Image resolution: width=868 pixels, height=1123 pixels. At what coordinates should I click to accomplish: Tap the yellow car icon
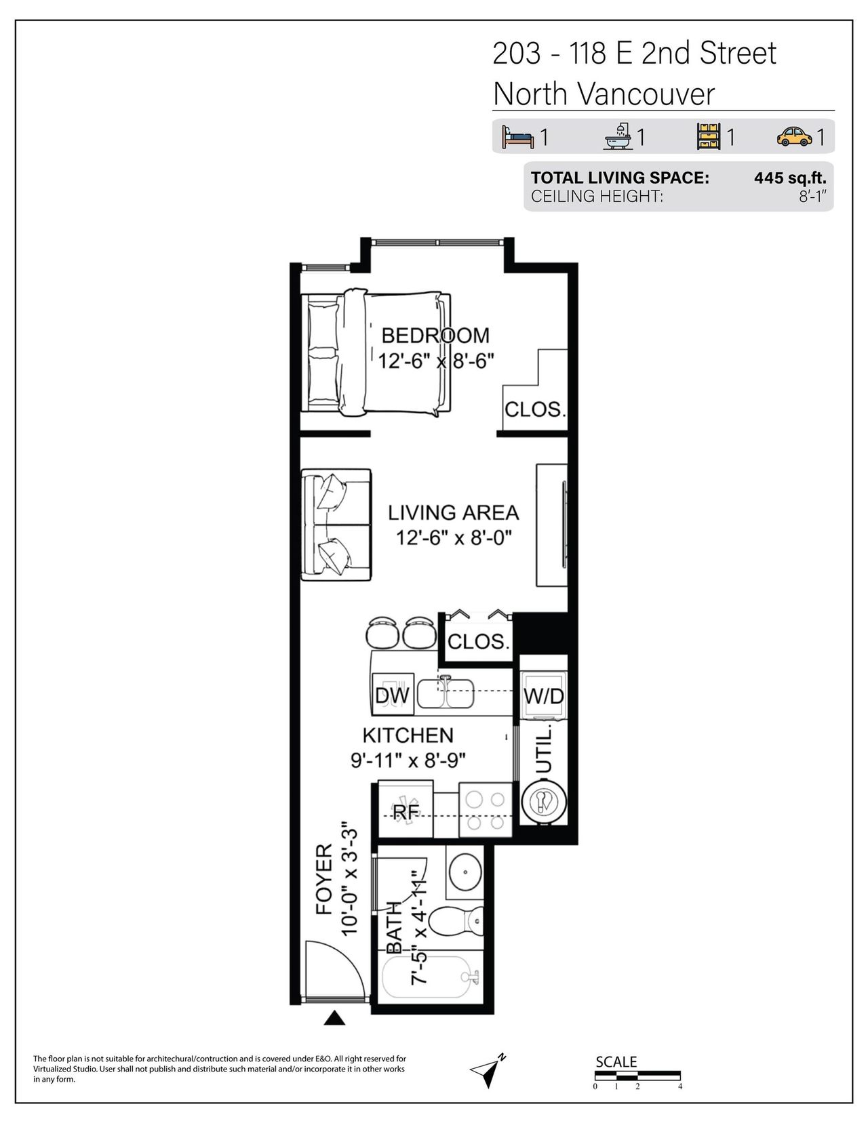(x=794, y=136)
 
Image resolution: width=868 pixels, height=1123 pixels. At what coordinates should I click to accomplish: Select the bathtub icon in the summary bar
(x=618, y=136)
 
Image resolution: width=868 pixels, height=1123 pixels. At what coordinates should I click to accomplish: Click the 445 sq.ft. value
(x=790, y=178)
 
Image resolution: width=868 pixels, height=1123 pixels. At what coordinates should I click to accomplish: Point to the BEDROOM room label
(x=435, y=335)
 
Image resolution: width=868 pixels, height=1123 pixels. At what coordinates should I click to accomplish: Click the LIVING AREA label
(x=454, y=512)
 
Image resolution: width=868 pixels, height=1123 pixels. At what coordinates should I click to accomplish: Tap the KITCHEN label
(x=408, y=735)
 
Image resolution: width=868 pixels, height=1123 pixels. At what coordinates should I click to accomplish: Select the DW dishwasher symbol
(x=393, y=695)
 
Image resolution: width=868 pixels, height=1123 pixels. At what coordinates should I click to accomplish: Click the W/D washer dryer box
(x=543, y=695)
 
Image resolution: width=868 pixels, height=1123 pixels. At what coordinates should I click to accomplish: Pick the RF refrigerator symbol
(x=406, y=812)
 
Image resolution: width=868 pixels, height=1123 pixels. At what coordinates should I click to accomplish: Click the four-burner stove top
(x=485, y=810)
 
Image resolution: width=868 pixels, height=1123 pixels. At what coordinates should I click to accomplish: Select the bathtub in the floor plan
(x=431, y=977)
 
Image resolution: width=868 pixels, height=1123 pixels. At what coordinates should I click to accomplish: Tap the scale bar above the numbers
(x=637, y=1076)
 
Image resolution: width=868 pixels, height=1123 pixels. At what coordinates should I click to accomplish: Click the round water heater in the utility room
(x=544, y=802)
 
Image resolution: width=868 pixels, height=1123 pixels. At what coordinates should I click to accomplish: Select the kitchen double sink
(x=446, y=693)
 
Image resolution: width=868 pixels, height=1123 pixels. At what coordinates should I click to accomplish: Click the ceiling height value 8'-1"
(x=812, y=197)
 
